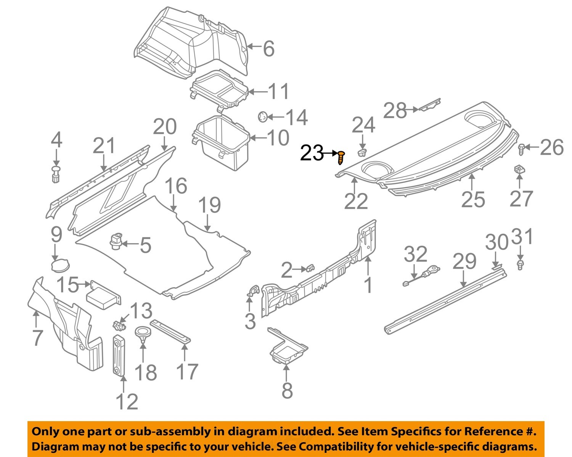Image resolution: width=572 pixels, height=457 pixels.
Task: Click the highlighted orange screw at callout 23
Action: (x=341, y=157)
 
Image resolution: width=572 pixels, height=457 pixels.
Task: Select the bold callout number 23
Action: (x=312, y=153)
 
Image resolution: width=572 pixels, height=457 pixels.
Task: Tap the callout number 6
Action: (x=269, y=49)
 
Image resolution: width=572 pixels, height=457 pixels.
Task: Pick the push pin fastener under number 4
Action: (x=56, y=174)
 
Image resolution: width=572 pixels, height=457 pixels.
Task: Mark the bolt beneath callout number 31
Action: (x=520, y=265)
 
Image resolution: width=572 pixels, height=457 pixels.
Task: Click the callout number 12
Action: (x=127, y=402)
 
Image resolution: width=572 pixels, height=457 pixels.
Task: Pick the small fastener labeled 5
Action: (x=116, y=242)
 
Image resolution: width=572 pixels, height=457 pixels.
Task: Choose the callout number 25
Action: (x=473, y=199)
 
